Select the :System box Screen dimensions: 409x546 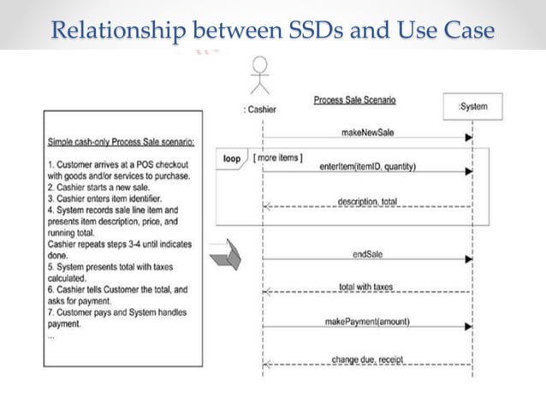click(x=472, y=107)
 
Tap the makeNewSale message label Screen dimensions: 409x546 click(x=367, y=132)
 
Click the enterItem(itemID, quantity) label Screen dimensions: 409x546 click(x=367, y=166)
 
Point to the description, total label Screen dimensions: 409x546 click(x=367, y=201)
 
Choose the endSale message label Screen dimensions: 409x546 click(x=367, y=254)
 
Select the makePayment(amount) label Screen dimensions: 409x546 click(x=367, y=322)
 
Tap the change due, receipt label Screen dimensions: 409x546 click(x=367, y=359)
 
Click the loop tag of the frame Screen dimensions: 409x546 click(x=232, y=158)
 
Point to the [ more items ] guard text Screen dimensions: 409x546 click(x=276, y=157)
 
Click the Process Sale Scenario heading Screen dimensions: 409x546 click(x=354, y=100)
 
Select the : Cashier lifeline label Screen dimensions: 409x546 click(x=260, y=110)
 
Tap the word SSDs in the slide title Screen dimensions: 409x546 click(x=318, y=32)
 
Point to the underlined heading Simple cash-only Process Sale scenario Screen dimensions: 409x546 click(x=121, y=141)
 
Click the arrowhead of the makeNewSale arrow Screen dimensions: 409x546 click(x=468, y=137)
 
